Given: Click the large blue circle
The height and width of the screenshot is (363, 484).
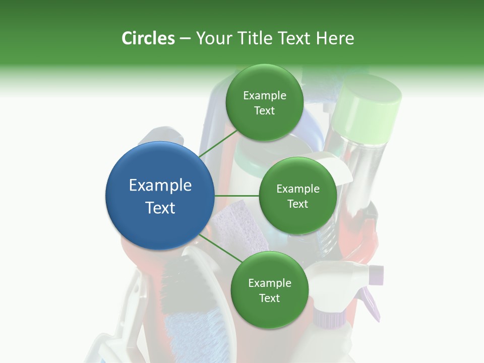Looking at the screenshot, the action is pyautogui.click(x=160, y=196).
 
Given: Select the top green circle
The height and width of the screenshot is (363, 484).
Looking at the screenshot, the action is pyautogui.click(x=264, y=103).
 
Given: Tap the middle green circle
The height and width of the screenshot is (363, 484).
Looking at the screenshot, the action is pyautogui.click(x=297, y=196).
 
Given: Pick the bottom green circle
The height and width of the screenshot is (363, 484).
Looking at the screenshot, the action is pyautogui.click(x=269, y=290).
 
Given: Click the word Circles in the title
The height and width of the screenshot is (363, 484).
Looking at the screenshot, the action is pyautogui.click(x=148, y=38).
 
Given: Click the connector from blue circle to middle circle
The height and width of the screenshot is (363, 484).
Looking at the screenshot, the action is pyautogui.click(x=237, y=196).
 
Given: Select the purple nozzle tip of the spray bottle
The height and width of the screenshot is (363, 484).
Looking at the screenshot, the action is pyautogui.click(x=376, y=275).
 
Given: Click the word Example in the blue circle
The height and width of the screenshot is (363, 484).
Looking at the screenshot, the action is pyautogui.click(x=160, y=186).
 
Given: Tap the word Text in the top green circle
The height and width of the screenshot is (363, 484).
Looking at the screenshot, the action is pyautogui.click(x=264, y=111).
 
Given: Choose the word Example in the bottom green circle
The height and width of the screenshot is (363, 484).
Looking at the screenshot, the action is pyautogui.click(x=269, y=283).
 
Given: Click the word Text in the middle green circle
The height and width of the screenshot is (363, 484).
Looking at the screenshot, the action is pyautogui.click(x=297, y=204).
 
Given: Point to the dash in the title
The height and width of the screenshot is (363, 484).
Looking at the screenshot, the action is pyautogui.click(x=185, y=38).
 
